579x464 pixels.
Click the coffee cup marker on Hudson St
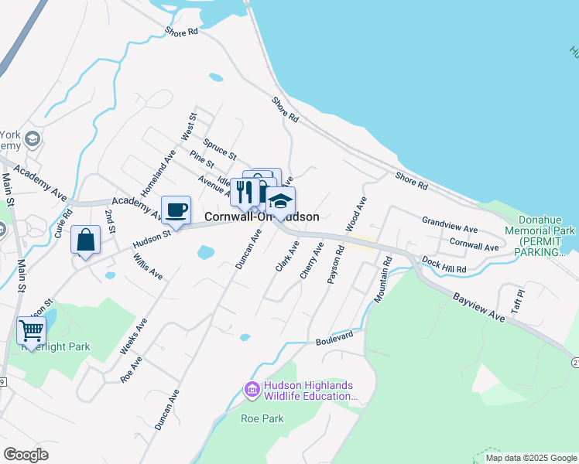coord(176,210)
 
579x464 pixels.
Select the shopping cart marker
coord(31,330)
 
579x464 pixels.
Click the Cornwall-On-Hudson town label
coord(262,217)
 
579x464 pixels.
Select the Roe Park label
coord(262,419)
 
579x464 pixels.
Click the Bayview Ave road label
coord(479,307)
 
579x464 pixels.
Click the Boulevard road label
coord(334,338)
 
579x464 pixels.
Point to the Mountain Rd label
coord(384,279)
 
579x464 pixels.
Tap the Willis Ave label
coord(147,263)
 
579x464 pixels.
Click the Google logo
coord(26,455)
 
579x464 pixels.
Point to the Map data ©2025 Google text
coord(531,458)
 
